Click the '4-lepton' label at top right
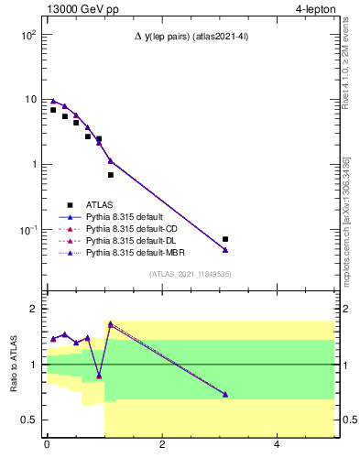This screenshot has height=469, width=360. pos(312,9)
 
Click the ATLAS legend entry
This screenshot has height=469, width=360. pos(99,204)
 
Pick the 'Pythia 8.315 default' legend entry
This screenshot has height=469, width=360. pos(124,216)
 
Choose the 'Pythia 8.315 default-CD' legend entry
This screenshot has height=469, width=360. pos(130,228)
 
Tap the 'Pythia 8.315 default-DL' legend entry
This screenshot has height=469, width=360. pos(130,240)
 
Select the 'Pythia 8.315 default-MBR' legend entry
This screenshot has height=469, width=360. pos(132,252)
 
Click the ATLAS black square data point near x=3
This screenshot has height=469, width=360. pos(225,239)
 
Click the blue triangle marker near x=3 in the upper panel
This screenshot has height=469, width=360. pos(225,250)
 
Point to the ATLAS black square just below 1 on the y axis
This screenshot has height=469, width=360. pos(111,175)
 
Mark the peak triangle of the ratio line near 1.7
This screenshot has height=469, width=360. pos(111,324)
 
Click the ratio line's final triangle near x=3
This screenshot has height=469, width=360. pos(225,395)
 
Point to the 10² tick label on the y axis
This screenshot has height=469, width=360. pos(27,35)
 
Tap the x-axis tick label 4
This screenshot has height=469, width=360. pos(278,445)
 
